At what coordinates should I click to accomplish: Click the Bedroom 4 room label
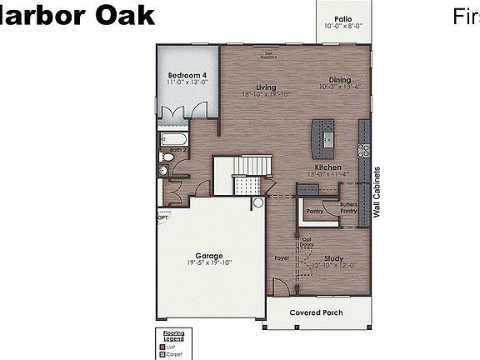(187, 75)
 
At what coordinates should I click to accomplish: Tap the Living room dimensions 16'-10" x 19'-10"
(265, 94)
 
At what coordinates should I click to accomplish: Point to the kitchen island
(322, 137)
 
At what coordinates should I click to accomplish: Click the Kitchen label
(324, 167)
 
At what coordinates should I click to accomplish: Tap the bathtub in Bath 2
(173, 139)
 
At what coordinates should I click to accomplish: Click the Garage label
(209, 255)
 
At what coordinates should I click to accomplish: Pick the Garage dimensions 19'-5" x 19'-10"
(209, 262)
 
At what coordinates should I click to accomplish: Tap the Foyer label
(282, 258)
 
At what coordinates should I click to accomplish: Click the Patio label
(343, 17)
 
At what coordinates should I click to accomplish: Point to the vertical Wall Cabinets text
(377, 192)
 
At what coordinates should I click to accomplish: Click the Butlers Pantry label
(349, 207)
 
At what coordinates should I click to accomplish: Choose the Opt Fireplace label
(268, 55)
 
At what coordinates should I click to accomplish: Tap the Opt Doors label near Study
(307, 242)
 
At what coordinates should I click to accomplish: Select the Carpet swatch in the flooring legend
(162, 353)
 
